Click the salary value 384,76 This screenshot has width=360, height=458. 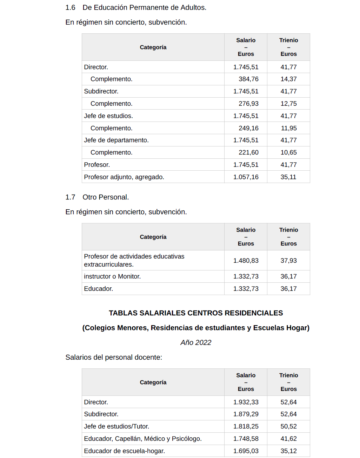pyautogui.click(x=248, y=79)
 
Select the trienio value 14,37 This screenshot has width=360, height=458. pyautogui.click(x=288, y=79)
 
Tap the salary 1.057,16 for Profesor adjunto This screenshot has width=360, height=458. pyautogui.click(x=246, y=177)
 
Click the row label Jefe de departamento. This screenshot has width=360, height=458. pyautogui.click(x=116, y=140)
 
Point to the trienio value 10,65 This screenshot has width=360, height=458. pyautogui.click(x=288, y=152)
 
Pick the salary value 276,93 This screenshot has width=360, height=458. pyautogui.click(x=248, y=104)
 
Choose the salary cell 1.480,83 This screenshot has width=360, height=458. pyautogui.click(x=246, y=261)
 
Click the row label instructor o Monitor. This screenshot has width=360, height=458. pyautogui.click(x=112, y=276)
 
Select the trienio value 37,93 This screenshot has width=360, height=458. pyautogui.click(x=288, y=261)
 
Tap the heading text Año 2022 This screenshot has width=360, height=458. pyautogui.click(x=196, y=342)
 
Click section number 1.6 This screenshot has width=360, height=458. pyautogui.click(x=70, y=7)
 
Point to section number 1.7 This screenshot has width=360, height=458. pyautogui.click(x=70, y=197)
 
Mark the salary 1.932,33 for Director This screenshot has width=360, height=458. pyautogui.click(x=246, y=402)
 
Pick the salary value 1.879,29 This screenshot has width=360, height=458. pyautogui.click(x=246, y=414)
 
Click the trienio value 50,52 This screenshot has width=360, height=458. pyautogui.click(x=288, y=426)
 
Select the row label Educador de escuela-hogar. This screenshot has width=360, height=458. pyautogui.click(x=124, y=451)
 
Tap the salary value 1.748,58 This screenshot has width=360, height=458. pyautogui.click(x=246, y=439)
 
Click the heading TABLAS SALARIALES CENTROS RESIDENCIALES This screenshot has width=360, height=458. pyautogui.click(x=196, y=313)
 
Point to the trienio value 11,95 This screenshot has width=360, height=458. pyautogui.click(x=288, y=128)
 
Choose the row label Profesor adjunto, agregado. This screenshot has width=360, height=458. pyautogui.click(x=124, y=177)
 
